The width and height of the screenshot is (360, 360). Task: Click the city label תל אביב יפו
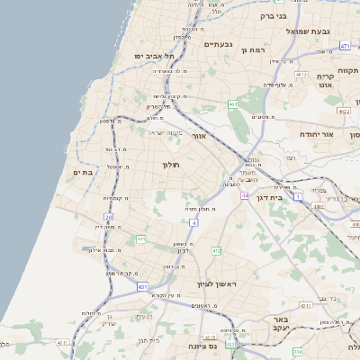tap(154, 56)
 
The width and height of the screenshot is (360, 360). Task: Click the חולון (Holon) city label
tap(172, 165)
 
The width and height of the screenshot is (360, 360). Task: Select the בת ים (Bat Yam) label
tap(84, 172)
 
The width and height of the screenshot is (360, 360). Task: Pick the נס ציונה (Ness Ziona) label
tap(208, 345)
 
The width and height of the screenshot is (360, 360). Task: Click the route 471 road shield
tap(346, 45)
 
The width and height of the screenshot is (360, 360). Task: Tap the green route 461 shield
tap(233, 104)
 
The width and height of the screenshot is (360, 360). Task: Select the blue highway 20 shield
tap(109, 218)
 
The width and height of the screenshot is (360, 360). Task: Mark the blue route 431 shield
tap(142, 286)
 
